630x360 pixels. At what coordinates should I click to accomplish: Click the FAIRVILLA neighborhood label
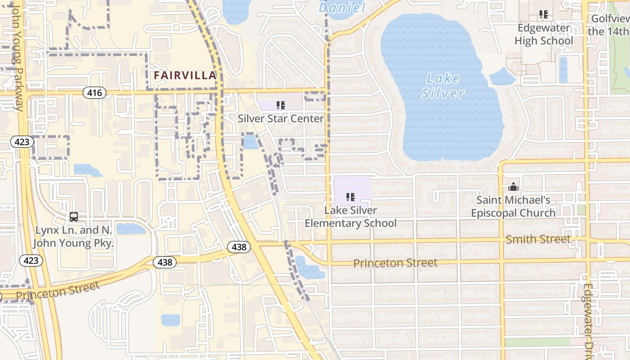click(185, 76)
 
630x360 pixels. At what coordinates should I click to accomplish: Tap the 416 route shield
click(94, 93)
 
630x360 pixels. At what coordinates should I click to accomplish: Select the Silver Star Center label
click(281, 119)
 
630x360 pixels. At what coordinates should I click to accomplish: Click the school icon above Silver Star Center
click(281, 105)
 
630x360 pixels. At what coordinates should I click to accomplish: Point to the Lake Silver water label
click(443, 86)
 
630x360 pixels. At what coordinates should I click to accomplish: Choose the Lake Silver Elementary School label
click(351, 217)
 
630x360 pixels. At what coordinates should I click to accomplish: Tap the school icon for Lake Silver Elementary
click(351, 197)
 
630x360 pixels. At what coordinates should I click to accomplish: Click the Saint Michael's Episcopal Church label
click(513, 207)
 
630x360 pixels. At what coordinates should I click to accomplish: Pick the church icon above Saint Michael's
click(513, 186)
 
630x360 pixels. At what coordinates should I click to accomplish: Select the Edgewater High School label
click(544, 34)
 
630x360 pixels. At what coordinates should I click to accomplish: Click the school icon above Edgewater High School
click(544, 14)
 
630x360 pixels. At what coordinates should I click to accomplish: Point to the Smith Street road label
click(538, 239)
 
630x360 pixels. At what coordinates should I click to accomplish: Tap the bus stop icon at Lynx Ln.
click(74, 217)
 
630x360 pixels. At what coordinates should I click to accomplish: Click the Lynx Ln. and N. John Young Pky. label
click(74, 237)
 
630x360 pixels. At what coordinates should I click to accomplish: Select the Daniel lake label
click(342, 8)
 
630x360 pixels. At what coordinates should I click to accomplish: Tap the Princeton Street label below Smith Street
click(395, 263)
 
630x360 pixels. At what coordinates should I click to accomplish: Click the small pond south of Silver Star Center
click(250, 142)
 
